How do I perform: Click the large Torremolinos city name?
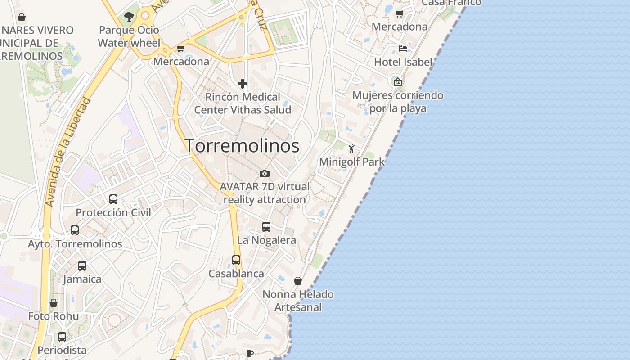pyautogui.click(x=242, y=145)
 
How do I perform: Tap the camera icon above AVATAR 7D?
pyautogui.click(x=265, y=173)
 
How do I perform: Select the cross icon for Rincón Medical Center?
pyautogui.click(x=243, y=84)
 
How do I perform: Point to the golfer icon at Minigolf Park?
pyautogui.click(x=351, y=148)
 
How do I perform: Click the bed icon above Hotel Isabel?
pyautogui.click(x=403, y=48)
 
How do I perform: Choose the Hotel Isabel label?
pyautogui.click(x=403, y=62)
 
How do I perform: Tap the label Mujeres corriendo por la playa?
pyautogui.click(x=398, y=102)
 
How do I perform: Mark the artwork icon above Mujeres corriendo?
pyautogui.click(x=397, y=82)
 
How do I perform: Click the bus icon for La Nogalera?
pyautogui.click(x=266, y=227)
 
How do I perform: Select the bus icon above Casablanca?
pyautogui.click(x=236, y=260)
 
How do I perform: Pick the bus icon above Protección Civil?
pyautogui.click(x=113, y=199)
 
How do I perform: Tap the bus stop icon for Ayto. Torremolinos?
pyautogui.click(x=75, y=230)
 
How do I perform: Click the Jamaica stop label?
pyautogui.click(x=82, y=279)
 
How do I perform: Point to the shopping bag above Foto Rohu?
pyautogui.click(x=54, y=303)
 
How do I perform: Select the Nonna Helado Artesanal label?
pyautogui.click(x=298, y=301)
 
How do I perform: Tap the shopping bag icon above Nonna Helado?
pyautogui.click(x=298, y=281)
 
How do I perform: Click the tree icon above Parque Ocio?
pyautogui.click(x=129, y=17)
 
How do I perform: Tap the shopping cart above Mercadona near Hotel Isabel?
pyautogui.click(x=399, y=13)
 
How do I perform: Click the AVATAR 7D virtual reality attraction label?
pyautogui.click(x=265, y=193)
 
